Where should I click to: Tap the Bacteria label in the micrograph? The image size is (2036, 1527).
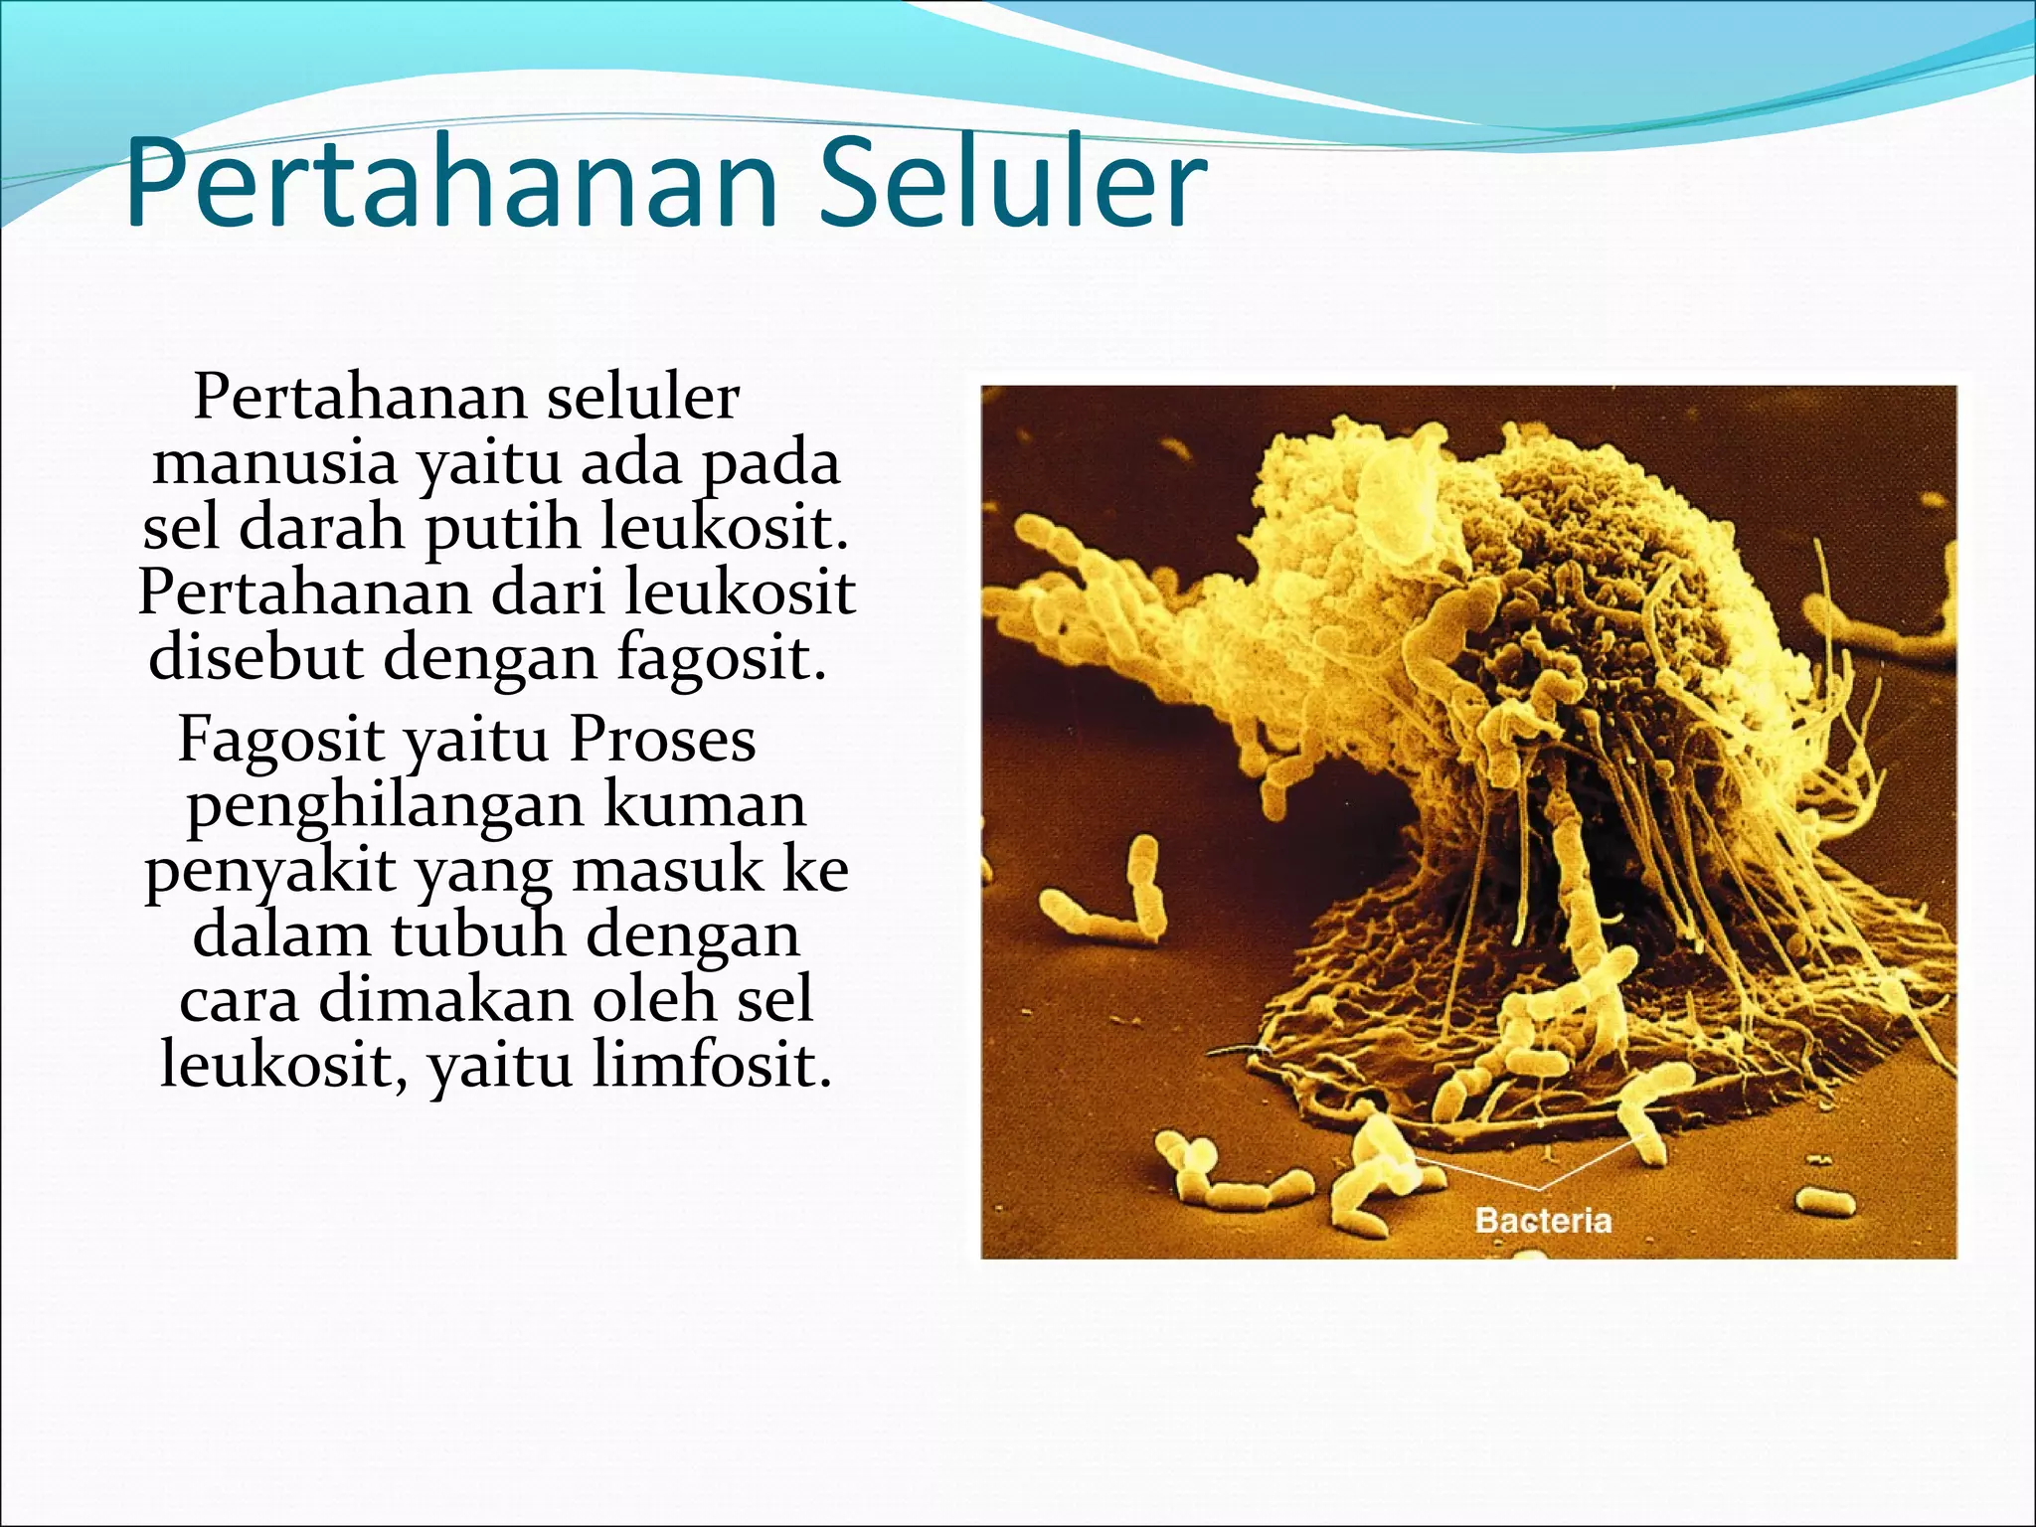point(1542,1220)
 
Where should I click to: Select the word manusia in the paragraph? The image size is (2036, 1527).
point(274,463)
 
